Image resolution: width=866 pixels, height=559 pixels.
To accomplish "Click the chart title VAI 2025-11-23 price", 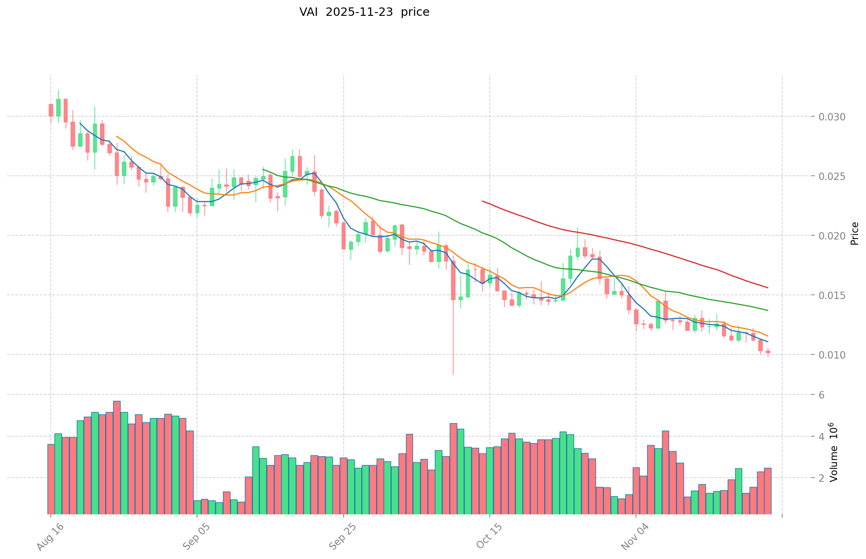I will pos(364,12).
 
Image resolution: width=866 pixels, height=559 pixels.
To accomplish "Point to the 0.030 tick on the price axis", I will pos(832,117).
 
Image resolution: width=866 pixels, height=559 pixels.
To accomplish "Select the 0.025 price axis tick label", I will pos(832,176).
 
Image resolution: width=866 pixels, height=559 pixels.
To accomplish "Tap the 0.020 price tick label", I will pos(832,236).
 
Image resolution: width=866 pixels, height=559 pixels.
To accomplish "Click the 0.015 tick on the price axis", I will pos(832,295).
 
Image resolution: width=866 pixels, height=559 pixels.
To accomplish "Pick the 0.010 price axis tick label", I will pos(832,355).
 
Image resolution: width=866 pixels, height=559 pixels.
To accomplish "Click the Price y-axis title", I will pos(854,233).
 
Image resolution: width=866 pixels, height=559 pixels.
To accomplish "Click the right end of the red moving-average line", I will pos(767,287).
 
